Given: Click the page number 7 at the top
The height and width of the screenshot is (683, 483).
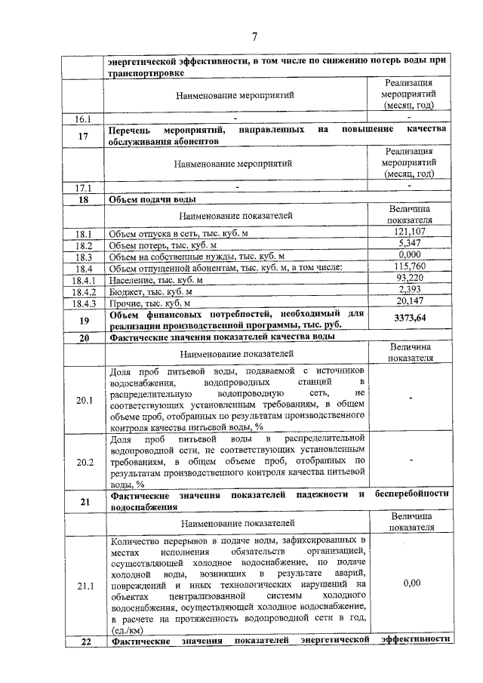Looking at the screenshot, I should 254,35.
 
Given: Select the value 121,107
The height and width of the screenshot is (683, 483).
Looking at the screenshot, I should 410,232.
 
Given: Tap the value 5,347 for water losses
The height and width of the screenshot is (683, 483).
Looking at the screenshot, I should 410,244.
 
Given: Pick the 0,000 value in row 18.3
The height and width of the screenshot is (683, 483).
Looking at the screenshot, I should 410,255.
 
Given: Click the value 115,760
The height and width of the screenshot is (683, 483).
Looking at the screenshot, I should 410,267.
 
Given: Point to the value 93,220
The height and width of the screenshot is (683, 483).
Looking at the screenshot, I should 410,278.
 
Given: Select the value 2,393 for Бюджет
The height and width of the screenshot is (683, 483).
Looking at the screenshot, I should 410,290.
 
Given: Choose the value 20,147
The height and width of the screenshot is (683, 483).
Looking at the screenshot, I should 410,302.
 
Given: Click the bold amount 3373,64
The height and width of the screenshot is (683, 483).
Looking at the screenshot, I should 410,318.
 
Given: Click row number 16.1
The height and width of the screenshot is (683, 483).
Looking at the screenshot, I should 82,118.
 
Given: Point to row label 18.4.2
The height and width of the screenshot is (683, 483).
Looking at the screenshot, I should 82,291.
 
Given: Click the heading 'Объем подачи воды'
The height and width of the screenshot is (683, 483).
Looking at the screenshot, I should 152,200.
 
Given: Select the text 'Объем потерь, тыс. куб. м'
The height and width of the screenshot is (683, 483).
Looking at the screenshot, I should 162,245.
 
